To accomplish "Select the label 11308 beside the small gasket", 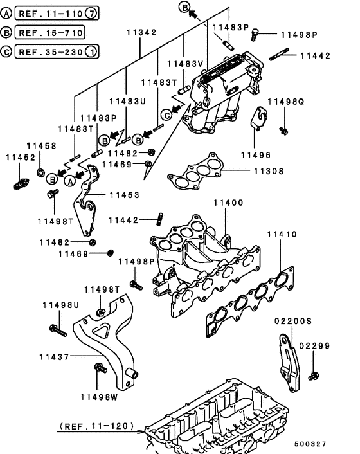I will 266,172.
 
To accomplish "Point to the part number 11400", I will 229,203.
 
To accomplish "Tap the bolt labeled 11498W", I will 100,368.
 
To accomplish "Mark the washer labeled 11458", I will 41,172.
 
